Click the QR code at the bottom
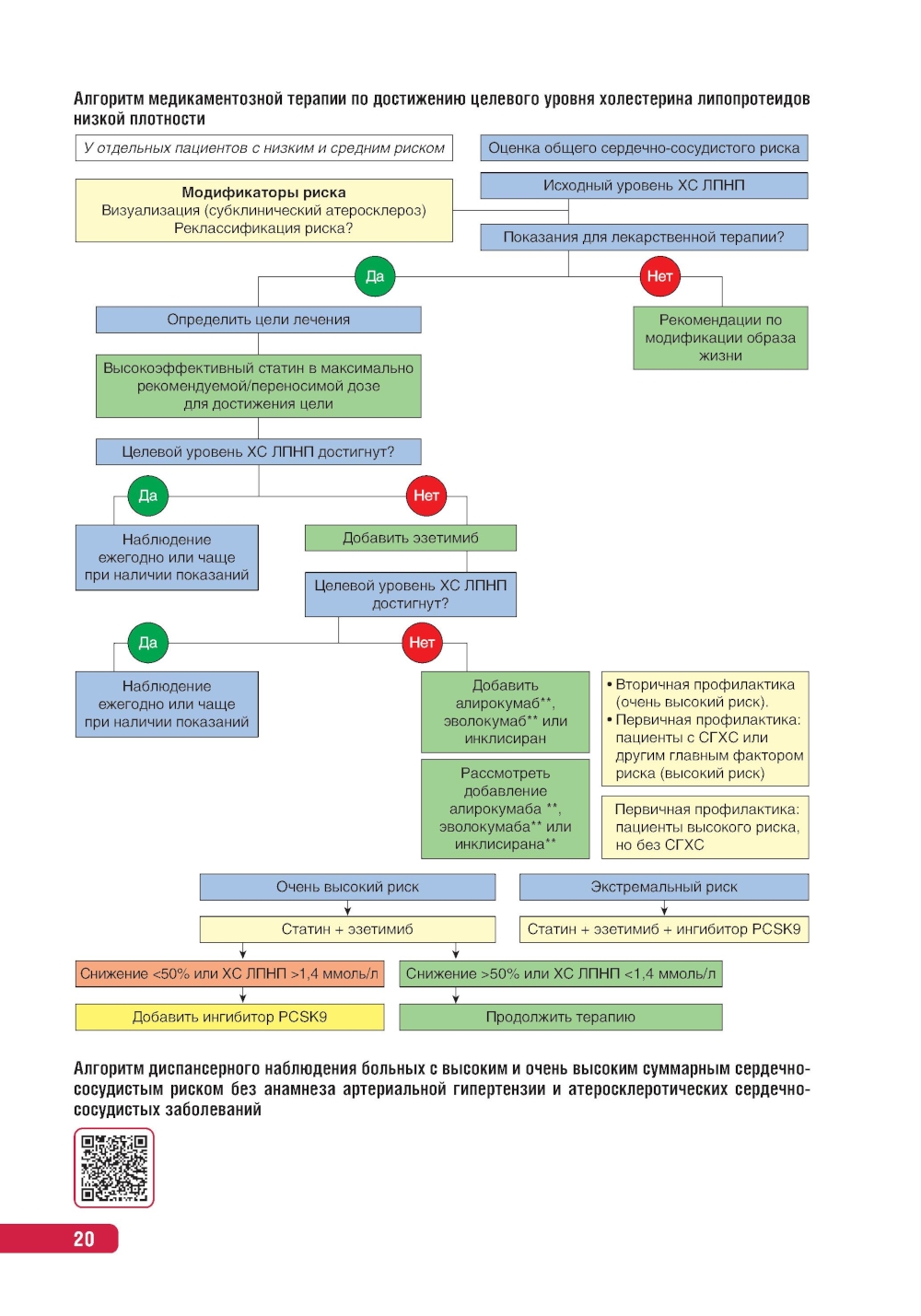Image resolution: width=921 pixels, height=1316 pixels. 113,1168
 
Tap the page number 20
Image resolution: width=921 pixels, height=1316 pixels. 84,1239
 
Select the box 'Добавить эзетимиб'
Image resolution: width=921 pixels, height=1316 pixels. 410,538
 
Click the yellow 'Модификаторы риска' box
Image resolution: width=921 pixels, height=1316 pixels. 263,211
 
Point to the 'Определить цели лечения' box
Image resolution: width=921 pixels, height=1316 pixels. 258,320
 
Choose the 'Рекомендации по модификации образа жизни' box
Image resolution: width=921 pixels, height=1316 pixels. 720,338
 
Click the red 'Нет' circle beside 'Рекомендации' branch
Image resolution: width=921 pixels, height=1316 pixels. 659,276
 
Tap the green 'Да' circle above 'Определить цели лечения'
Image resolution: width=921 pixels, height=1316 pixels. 375,276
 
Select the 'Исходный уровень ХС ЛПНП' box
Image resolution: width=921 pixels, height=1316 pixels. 644,185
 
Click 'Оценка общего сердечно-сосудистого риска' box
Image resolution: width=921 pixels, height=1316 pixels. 644,148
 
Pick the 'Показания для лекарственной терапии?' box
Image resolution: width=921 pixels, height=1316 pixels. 644,237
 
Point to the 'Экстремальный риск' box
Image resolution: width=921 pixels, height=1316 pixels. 664,887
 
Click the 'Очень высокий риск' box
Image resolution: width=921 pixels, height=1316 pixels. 347,887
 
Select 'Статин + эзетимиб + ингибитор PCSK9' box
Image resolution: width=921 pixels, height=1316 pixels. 664,929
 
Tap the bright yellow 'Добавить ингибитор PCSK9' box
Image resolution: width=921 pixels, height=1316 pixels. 229,1017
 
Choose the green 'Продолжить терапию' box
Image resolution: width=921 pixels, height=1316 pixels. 560,1017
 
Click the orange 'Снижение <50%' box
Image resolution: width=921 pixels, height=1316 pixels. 229,973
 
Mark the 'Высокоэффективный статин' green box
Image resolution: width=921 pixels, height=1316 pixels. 258,386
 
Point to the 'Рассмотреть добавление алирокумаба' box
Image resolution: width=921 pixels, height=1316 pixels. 505,809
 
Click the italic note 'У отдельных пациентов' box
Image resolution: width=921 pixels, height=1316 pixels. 263,148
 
